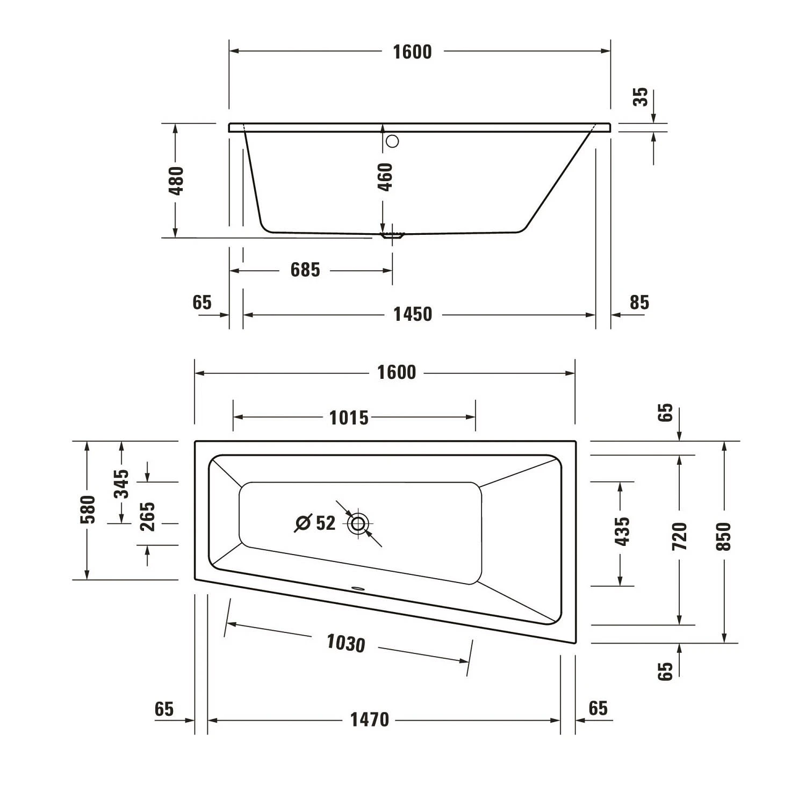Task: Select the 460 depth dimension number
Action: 385,177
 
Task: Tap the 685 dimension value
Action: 305,270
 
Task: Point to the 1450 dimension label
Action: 413,314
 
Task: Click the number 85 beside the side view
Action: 639,303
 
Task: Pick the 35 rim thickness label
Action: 641,97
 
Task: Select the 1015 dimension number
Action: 349,418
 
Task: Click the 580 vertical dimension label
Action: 88,509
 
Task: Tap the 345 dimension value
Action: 122,484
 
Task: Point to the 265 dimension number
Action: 147,516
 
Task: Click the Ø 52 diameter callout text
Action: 316,523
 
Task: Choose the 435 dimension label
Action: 622,531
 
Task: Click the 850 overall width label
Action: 724,536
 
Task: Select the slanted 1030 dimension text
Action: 346,643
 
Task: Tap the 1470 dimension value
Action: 369,719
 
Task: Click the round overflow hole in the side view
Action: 393,141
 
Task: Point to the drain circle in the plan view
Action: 358,523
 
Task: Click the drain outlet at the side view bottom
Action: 392,235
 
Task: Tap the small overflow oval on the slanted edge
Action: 358,588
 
